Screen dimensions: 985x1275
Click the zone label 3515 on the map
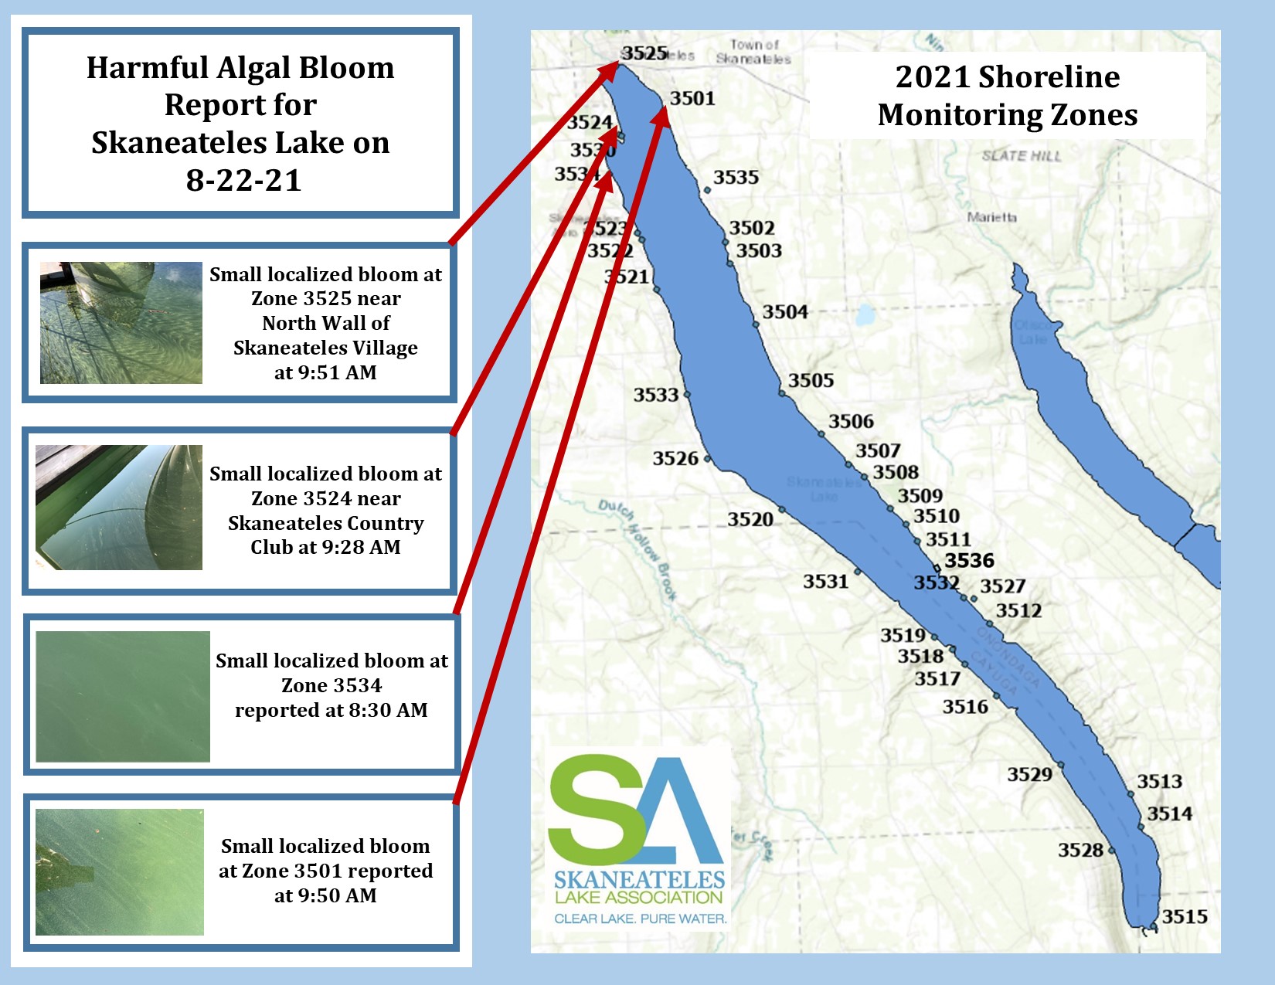(1185, 917)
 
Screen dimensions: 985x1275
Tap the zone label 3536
(969, 560)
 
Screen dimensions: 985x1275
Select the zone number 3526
(675, 459)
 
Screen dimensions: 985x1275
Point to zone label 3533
(656, 395)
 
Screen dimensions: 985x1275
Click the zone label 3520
(750, 519)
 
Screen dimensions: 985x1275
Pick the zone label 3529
(1029, 774)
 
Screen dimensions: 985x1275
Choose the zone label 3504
(785, 312)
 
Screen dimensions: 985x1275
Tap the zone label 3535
(736, 178)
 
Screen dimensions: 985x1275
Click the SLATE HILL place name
(1022, 156)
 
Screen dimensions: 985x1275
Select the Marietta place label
(992, 217)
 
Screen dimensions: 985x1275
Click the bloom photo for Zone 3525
(121, 323)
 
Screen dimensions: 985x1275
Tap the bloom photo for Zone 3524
(119, 508)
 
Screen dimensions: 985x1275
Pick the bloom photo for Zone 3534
(123, 697)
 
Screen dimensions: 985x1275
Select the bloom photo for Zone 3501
(120, 872)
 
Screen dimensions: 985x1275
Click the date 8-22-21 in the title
(243, 180)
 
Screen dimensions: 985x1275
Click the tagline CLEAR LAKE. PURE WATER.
(641, 919)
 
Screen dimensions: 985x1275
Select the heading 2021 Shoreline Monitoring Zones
(1008, 96)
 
